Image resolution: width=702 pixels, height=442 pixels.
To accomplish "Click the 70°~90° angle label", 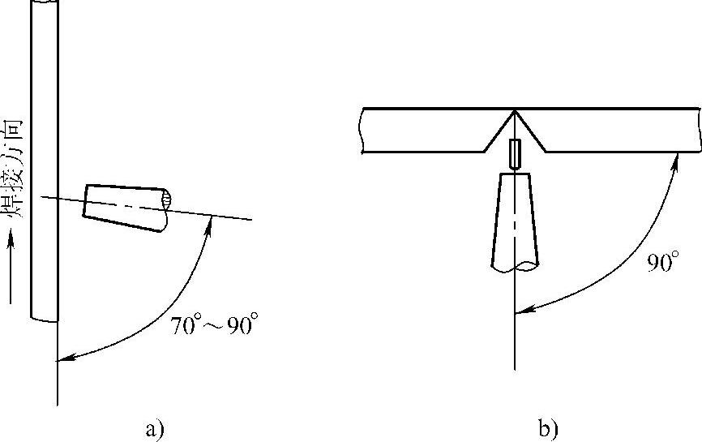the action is click(x=214, y=324).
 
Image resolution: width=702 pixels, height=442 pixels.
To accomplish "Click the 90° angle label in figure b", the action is click(x=663, y=261).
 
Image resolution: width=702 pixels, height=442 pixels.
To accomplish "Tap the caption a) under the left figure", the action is click(x=155, y=429).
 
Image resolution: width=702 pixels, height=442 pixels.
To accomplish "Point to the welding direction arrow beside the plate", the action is click(x=11, y=267).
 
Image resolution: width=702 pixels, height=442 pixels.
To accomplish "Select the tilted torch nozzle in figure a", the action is click(x=127, y=208).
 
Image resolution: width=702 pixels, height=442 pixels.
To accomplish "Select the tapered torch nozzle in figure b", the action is click(x=515, y=221).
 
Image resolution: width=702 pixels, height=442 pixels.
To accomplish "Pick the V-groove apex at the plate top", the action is click(x=515, y=109).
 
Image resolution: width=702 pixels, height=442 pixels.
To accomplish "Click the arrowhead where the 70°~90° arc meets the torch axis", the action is click(x=208, y=222).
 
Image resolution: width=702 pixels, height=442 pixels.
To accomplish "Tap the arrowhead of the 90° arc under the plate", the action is click(x=675, y=161).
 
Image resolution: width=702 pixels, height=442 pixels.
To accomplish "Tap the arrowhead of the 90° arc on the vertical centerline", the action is click(x=524, y=310).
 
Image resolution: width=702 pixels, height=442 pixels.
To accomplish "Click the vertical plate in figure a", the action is click(x=45, y=161).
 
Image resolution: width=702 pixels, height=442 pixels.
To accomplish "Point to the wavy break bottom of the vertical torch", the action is click(x=515, y=266).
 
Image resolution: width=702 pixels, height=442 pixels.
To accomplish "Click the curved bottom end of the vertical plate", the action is click(x=45, y=320).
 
